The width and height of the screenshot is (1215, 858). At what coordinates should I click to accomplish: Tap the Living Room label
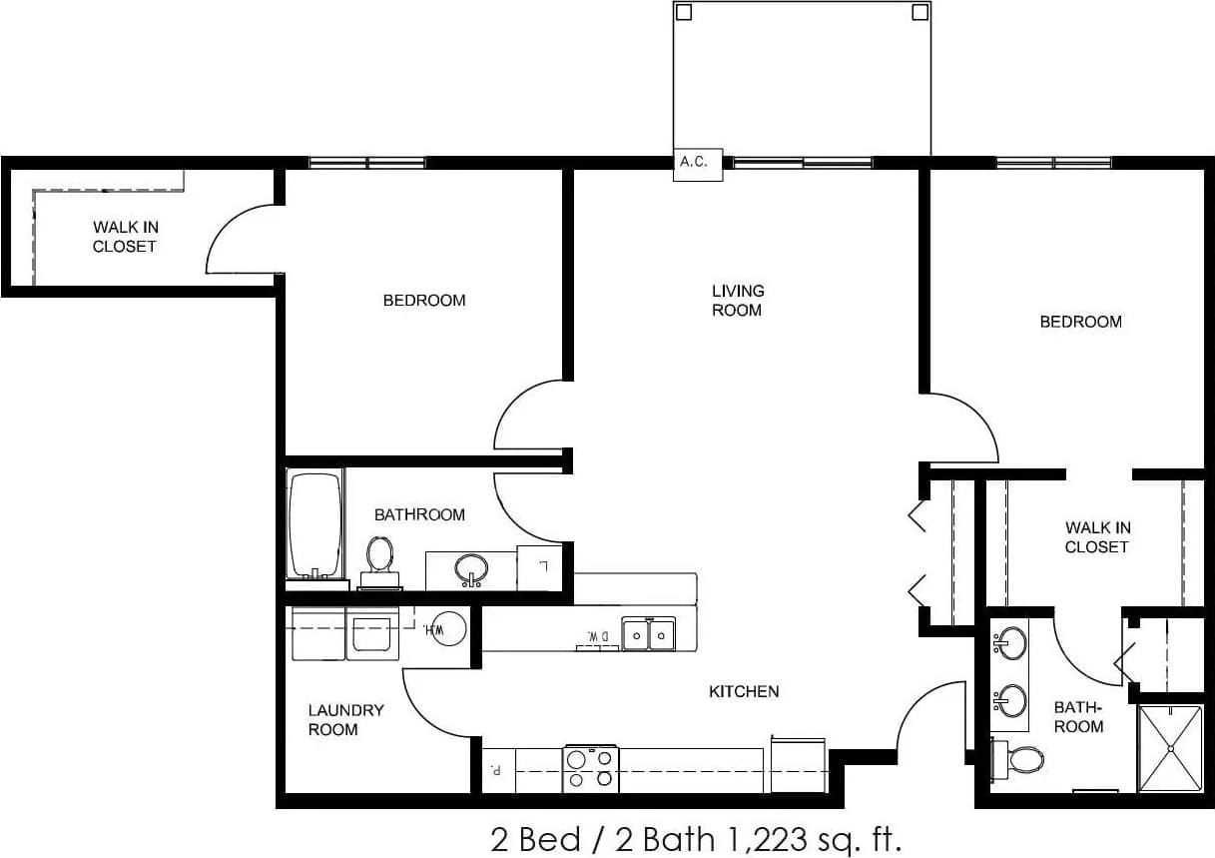point(738,301)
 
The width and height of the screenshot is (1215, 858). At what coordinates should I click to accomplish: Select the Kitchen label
point(744,691)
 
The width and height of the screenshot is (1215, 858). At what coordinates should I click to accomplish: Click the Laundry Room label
point(345,720)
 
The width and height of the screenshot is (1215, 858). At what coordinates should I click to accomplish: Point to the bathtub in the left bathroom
point(315,525)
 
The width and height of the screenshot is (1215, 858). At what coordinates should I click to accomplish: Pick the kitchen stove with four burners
point(590,768)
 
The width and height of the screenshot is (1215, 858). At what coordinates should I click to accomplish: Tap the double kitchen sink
point(649,633)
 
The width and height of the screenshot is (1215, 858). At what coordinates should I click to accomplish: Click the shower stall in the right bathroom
point(1171,748)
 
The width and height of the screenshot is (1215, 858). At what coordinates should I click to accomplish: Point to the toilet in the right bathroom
point(1021,761)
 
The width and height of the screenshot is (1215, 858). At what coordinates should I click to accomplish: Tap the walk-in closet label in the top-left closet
point(125,237)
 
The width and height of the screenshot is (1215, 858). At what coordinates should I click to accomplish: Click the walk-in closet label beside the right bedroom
point(1096,537)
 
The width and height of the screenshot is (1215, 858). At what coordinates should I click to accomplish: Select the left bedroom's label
point(424,300)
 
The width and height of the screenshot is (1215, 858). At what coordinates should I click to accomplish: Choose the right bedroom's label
point(1080,322)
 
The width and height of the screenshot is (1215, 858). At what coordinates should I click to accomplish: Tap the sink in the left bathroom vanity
point(471,569)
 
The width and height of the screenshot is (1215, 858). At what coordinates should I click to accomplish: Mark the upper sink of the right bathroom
point(1012,640)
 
